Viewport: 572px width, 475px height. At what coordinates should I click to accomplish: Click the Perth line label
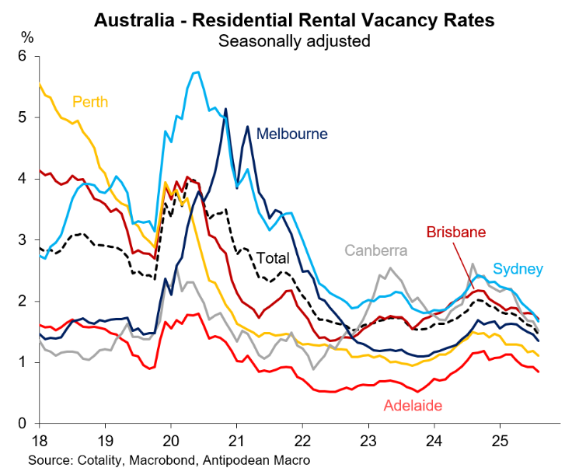point(90,102)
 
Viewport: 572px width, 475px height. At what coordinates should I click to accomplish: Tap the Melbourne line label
point(292,134)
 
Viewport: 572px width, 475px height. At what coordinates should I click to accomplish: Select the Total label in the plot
point(273,258)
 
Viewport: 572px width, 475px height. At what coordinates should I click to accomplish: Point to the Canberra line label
point(376,250)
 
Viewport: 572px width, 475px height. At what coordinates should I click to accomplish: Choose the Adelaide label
point(413,405)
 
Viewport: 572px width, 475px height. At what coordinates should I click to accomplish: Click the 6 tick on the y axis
point(23,56)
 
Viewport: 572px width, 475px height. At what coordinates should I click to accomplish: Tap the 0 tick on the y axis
point(23,424)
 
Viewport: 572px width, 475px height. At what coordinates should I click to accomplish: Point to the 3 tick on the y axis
point(23,240)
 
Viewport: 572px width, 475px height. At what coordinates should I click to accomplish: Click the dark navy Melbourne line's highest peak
point(226,109)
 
